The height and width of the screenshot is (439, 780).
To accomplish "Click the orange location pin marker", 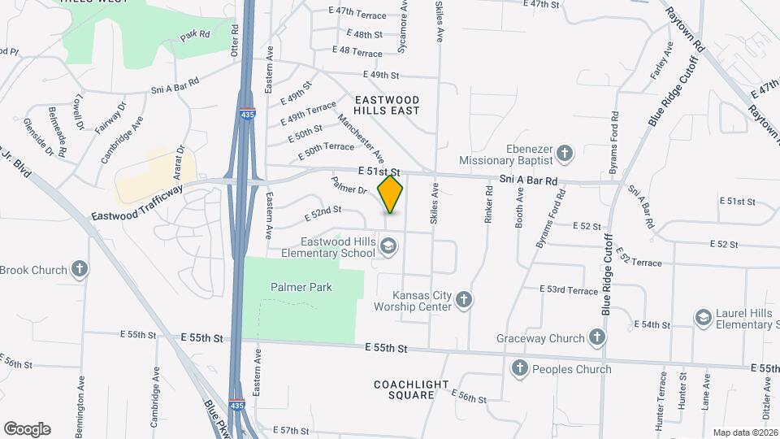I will (391, 194).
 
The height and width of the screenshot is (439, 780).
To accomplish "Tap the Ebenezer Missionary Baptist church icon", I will (564, 152).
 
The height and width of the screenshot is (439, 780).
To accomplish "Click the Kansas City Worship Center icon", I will (464, 301).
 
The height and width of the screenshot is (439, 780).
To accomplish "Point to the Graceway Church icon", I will (597, 337).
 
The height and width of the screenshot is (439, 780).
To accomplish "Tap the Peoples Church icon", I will (520, 369).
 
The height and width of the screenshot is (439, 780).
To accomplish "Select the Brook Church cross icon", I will (80, 269).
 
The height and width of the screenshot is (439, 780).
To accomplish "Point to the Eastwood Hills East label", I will (387, 105).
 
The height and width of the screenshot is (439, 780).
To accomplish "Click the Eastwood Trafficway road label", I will (136, 211).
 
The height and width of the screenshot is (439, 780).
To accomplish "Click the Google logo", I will (27, 429).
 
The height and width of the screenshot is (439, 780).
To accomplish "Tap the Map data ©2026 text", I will (745, 432).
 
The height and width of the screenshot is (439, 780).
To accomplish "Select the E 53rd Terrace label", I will (569, 290).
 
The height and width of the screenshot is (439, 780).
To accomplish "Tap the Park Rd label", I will (195, 35).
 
